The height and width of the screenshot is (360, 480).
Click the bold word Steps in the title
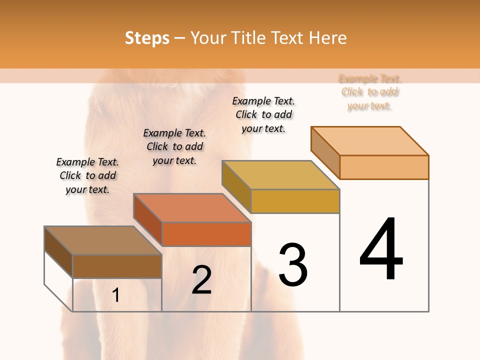point(147,38)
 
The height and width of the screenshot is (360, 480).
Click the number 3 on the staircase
point(293,265)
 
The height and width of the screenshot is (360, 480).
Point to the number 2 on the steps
point(201,280)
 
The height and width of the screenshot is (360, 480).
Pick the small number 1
point(115,295)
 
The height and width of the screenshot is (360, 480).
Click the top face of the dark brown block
point(103,240)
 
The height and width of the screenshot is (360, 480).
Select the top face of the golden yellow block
point(280,175)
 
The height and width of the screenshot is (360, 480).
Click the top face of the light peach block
point(370,141)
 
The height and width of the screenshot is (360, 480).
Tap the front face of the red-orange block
point(206,234)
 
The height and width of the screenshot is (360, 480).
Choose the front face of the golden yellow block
point(295,201)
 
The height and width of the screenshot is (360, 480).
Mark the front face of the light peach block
point(384,167)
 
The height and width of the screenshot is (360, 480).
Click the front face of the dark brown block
point(117,266)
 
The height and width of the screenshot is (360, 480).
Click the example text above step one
point(87,175)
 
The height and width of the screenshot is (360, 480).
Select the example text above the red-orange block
point(174,146)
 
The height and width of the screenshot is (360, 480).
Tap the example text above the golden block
point(263,114)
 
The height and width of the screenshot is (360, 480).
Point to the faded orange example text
point(370,92)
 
